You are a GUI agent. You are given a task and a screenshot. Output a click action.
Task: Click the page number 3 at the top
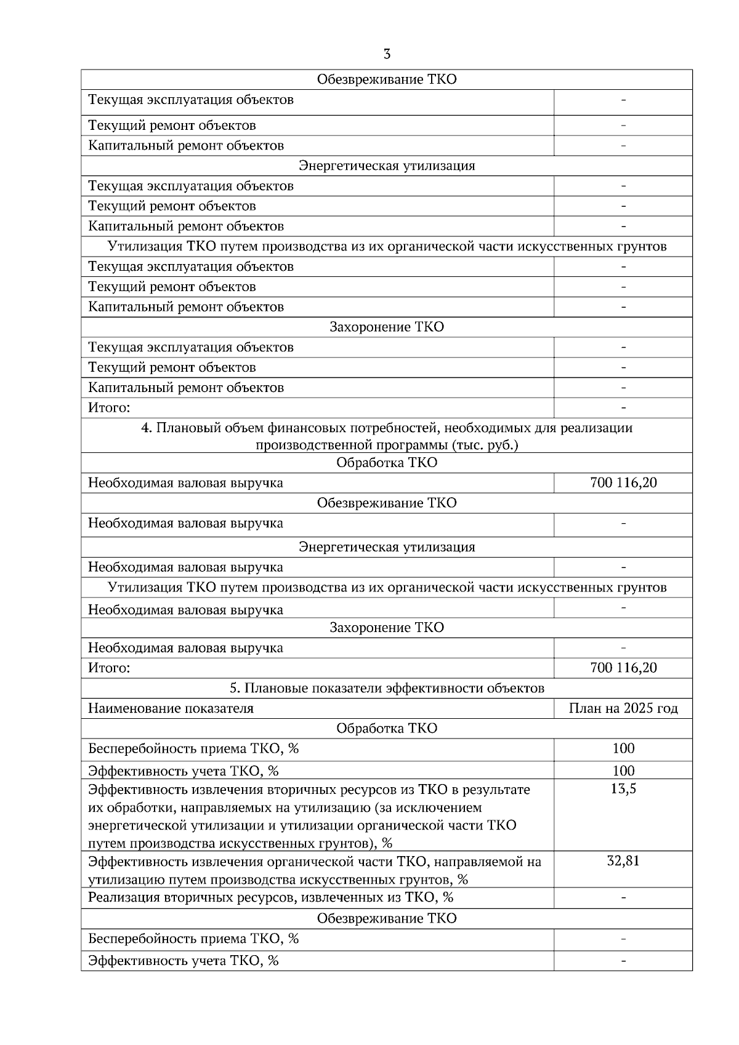point(386,54)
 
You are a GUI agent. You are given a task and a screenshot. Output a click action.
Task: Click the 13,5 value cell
point(623,789)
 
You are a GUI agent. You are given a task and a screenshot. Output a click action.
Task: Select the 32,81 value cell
point(623,860)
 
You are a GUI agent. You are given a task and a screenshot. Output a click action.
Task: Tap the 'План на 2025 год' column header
point(623,708)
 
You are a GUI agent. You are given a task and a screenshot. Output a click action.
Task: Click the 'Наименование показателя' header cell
point(171,708)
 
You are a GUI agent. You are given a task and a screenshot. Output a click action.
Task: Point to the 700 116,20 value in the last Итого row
point(623,668)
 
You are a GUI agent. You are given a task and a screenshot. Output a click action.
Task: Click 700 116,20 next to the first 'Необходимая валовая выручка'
point(623,482)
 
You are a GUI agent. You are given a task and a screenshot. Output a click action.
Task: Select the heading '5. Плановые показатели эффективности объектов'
point(387,688)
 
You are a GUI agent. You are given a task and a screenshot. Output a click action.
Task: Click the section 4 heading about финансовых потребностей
point(387,436)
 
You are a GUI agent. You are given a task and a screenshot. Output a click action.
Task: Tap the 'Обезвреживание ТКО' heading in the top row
point(387,79)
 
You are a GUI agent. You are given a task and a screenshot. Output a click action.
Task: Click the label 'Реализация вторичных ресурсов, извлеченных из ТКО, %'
point(271,897)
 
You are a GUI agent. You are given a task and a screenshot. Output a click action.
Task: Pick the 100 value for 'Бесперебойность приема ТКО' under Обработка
point(623,748)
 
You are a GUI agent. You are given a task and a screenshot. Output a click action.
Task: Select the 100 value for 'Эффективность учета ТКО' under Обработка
point(623,771)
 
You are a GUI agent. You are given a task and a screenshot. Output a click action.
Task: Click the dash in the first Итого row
point(623,407)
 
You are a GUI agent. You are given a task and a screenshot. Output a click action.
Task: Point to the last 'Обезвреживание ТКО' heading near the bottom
point(387,918)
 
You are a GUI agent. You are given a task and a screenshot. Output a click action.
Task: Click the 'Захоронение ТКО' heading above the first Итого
point(387,327)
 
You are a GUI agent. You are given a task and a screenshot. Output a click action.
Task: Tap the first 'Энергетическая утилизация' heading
point(387,166)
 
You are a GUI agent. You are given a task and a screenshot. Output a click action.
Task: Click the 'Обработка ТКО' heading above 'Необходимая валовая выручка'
point(387,463)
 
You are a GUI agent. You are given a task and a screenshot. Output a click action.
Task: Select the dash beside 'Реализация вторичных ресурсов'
point(623,897)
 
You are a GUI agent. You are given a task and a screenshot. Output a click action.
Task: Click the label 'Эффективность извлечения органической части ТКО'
point(314,862)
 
